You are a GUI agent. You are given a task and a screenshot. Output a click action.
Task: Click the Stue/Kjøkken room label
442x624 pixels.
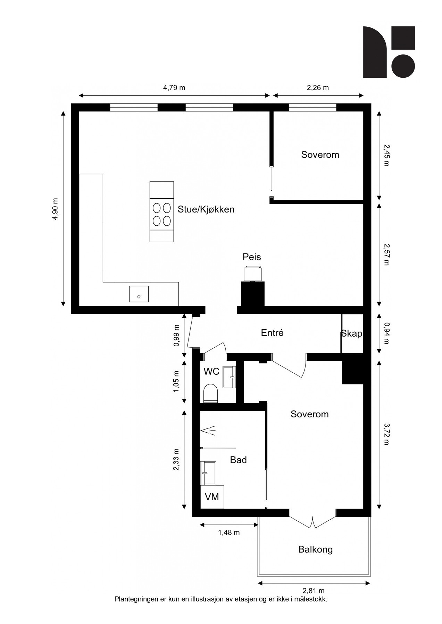click(x=206, y=209)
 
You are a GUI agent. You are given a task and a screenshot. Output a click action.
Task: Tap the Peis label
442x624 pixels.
click(x=252, y=257)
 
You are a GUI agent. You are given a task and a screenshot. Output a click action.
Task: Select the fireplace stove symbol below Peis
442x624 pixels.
click(x=252, y=274)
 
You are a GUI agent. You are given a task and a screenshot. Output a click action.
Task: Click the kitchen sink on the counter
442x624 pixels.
click(x=139, y=294)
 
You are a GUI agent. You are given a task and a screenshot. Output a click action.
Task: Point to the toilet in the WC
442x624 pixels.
click(x=210, y=393)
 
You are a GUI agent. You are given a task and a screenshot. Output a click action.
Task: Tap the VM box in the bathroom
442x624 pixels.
click(x=212, y=497)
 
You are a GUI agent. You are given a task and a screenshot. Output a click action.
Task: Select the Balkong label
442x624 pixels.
click(x=315, y=549)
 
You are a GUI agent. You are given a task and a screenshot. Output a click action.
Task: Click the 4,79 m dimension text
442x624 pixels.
click(x=174, y=88)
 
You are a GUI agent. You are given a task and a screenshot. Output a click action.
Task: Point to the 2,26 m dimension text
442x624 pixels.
click(x=318, y=88)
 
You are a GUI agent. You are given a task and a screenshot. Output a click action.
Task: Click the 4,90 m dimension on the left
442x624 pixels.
click(x=56, y=209)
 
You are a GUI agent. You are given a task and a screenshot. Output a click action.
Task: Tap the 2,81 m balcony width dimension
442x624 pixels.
click(x=314, y=591)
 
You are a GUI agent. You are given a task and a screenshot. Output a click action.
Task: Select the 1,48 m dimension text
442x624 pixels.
click(x=229, y=532)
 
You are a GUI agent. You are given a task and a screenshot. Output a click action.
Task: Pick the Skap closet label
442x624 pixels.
click(x=351, y=333)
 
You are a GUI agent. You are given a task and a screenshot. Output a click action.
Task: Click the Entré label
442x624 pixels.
click(x=272, y=333)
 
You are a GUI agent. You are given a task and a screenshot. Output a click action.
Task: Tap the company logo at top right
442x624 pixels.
click(x=389, y=52)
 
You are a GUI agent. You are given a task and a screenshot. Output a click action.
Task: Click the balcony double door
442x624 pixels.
click(x=313, y=522)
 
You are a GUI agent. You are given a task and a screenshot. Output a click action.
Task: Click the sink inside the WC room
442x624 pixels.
click(x=229, y=377)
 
